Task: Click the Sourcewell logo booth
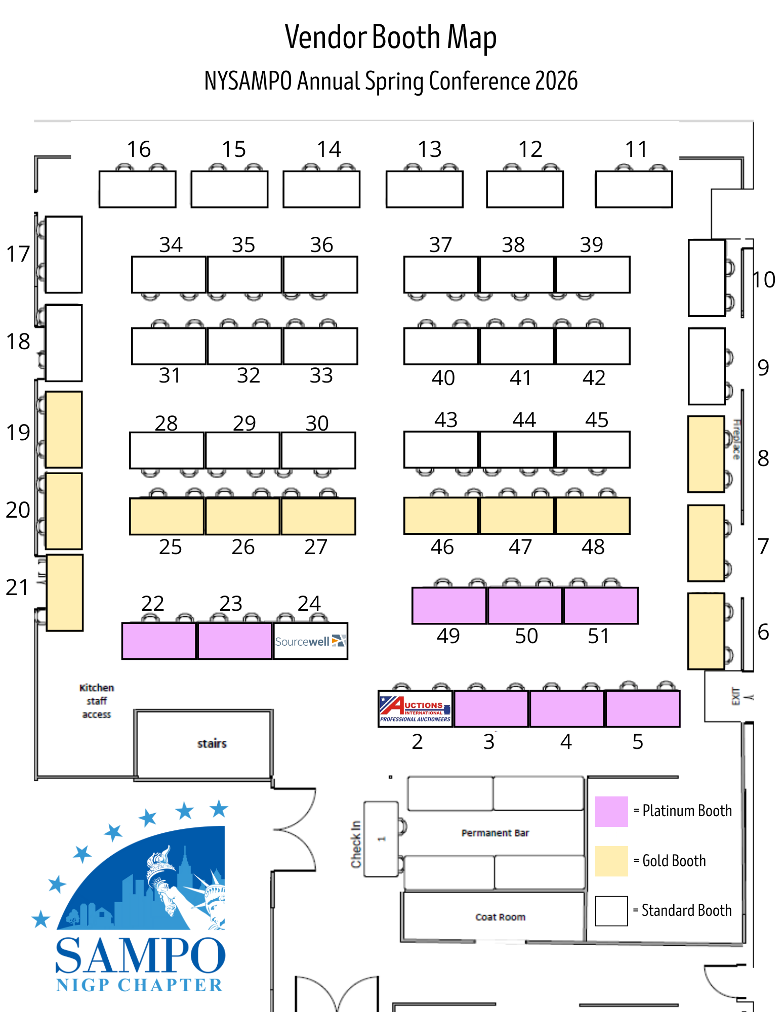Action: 310,641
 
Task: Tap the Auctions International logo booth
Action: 415,709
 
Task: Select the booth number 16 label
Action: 139,149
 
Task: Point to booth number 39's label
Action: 591,245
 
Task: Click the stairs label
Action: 212,743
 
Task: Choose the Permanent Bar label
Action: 495,833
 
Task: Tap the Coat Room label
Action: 500,917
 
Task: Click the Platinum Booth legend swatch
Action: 611,811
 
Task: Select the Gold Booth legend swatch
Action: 611,861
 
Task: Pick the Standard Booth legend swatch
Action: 611,911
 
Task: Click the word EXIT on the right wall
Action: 736,696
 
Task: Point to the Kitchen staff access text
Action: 97,701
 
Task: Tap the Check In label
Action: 356,844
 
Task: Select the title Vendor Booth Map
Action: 390,37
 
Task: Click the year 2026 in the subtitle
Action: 556,81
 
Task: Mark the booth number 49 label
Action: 448,636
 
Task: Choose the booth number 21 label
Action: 17,587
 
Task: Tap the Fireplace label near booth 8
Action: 737,439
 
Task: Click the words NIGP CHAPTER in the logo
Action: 139,985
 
